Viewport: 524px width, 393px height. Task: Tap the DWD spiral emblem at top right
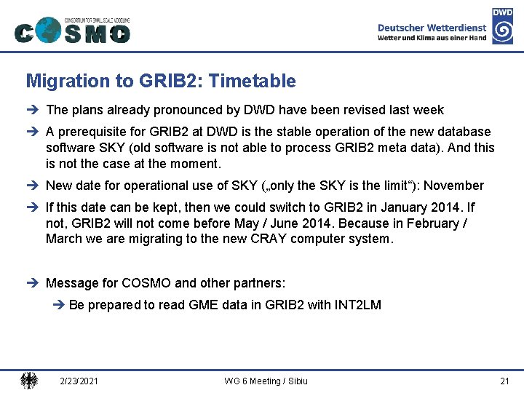502,26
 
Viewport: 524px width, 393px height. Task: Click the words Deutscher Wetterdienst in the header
432,28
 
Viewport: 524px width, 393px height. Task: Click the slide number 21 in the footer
504,381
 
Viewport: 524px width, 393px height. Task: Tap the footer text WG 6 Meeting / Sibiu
266,381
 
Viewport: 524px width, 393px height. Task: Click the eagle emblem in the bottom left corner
29,380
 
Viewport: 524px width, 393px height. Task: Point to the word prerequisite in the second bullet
93,132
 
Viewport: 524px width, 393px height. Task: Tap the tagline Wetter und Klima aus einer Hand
432,38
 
